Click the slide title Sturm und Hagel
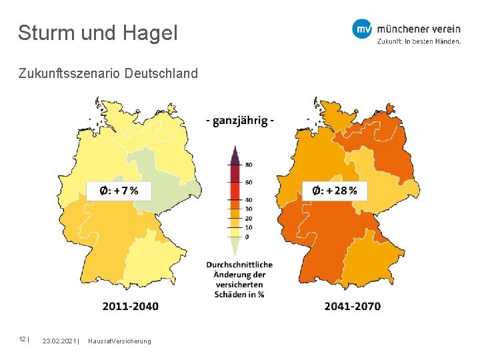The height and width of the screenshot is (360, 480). [98, 33]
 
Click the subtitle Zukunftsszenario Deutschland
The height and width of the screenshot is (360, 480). [108, 73]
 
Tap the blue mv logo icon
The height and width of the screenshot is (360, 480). [362, 29]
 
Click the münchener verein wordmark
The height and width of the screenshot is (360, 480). [418, 29]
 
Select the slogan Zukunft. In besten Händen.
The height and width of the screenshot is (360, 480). [419, 41]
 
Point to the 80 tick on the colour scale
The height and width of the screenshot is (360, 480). [249, 164]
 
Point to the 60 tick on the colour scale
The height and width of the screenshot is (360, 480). [249, 182]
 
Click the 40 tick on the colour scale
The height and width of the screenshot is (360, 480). [249, 200]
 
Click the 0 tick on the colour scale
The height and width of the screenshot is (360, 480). [247, 237]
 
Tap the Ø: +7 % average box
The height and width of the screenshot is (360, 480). [119, 191]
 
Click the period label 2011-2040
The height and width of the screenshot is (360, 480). [131, 306]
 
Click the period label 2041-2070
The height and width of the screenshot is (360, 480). [353, 306]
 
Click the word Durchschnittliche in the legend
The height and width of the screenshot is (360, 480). [239, 265]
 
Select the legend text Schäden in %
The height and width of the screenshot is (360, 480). [239, 294]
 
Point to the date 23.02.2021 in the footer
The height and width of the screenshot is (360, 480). [59, 341]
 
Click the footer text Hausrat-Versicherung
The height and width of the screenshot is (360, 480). [119, 341]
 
